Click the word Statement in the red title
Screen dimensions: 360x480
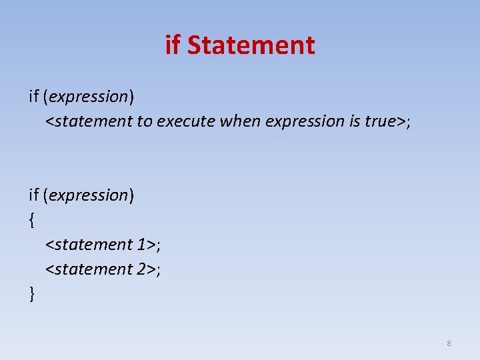[251, 45]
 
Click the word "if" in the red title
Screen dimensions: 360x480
[173, 45]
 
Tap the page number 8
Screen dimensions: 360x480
[449, 343]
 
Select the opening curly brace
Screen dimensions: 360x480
[31, 220]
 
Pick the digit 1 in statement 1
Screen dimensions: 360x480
[143, 245]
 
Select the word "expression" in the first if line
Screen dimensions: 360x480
[89, 97]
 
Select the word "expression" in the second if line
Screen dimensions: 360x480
[89, 195]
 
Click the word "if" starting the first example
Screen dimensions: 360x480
[33, 97]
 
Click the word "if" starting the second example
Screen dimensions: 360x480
[33, 195]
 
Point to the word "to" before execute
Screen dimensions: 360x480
[145, 121]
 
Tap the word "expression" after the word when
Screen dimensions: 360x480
[303, 121]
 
